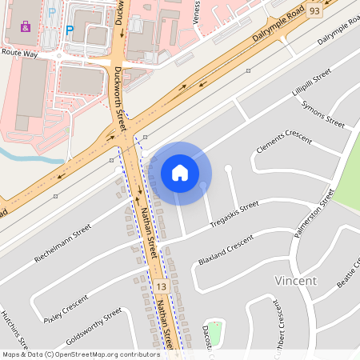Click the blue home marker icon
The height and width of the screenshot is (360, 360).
click(x=180, y=173)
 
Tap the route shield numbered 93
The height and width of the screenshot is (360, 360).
click(x=314, y=11)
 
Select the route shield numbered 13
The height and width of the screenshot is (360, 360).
click(x=162, y=286)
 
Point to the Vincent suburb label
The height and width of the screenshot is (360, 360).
click(x=295, y=281)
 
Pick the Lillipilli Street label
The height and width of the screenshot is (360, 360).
click(x=311, y=86)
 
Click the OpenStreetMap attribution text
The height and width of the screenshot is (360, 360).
click(x=81, y=354)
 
